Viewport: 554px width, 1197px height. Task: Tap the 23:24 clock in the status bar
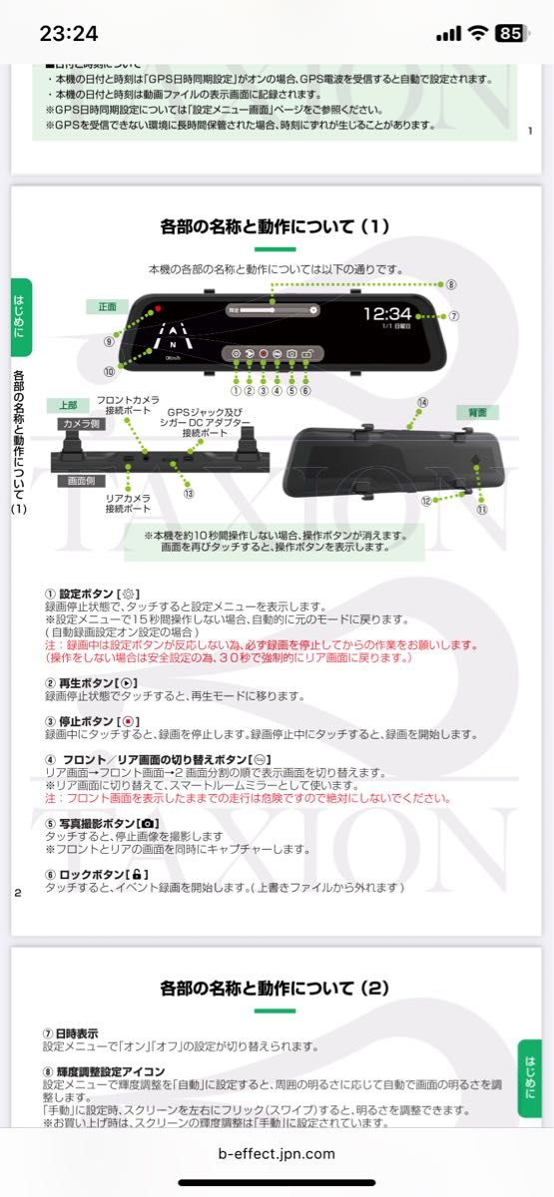tap(69, 33)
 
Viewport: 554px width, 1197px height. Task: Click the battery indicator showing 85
tap(509, 33)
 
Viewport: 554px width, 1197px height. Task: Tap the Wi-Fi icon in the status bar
tap(477, 33)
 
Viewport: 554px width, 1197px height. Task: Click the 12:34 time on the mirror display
tap(386, 313)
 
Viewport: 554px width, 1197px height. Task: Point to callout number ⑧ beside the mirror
tap(451, 284)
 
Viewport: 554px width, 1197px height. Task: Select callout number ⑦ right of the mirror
tap(454, 316)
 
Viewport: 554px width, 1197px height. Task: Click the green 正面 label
tap(107, 306)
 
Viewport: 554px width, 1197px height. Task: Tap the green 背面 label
tap(471, 412)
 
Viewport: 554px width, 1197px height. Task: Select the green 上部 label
tap(67, 405)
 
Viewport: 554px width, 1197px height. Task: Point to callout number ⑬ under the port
tap(188, 492)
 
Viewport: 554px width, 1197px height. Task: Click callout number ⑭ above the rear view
tap(422, 402)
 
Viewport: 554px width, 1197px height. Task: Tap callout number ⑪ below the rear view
tap(481, 509)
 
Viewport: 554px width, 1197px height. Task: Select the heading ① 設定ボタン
tap(90, 593)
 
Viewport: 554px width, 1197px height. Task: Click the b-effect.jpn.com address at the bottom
tap(277, 1154)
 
